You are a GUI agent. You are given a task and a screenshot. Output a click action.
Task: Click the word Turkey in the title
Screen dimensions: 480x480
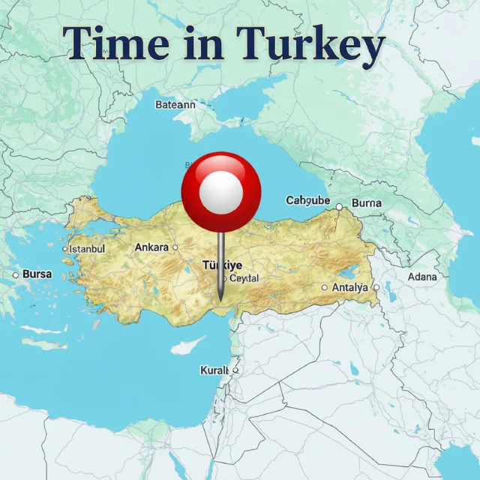(x=310, y=44)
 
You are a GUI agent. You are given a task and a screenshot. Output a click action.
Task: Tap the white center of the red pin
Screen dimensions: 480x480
(x=220, y=193)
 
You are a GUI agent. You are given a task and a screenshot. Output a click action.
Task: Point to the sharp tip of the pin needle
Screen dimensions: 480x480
(x=220, y=300)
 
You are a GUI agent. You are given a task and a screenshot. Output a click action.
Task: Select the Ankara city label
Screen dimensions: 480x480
(x=151, y=247)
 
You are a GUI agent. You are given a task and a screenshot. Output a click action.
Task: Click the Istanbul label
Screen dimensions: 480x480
(x=87, y=248)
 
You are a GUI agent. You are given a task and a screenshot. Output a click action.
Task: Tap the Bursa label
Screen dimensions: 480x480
(x=37, y=274)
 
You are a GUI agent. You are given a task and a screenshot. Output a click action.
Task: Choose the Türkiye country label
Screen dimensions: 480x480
(x=223, y=265)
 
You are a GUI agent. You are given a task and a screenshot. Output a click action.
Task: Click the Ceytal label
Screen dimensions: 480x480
(x=244, y=278)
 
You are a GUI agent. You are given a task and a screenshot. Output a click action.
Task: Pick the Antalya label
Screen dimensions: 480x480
(x=350, y=287)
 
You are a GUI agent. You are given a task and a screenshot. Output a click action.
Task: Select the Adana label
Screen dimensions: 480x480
(x=422, y=277)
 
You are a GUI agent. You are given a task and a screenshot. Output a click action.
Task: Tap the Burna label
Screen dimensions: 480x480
(x=366, y=203)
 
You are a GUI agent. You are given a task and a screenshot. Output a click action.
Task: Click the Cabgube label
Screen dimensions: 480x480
(x=307, y=200)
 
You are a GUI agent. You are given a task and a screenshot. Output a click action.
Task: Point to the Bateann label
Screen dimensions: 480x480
(x=175, y=105)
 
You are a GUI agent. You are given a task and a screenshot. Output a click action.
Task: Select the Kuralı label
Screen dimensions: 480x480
(x=214, y=370)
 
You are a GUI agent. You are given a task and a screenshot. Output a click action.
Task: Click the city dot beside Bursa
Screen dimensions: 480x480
(x=15, y=275)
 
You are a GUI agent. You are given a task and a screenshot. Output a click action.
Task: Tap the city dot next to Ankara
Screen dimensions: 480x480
(x=175, y=247)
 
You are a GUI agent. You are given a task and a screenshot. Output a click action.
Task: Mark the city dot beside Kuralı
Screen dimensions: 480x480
(x=235, y=370)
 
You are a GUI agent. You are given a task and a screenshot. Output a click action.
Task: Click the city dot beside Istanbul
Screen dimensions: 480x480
(x=64, y=249)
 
